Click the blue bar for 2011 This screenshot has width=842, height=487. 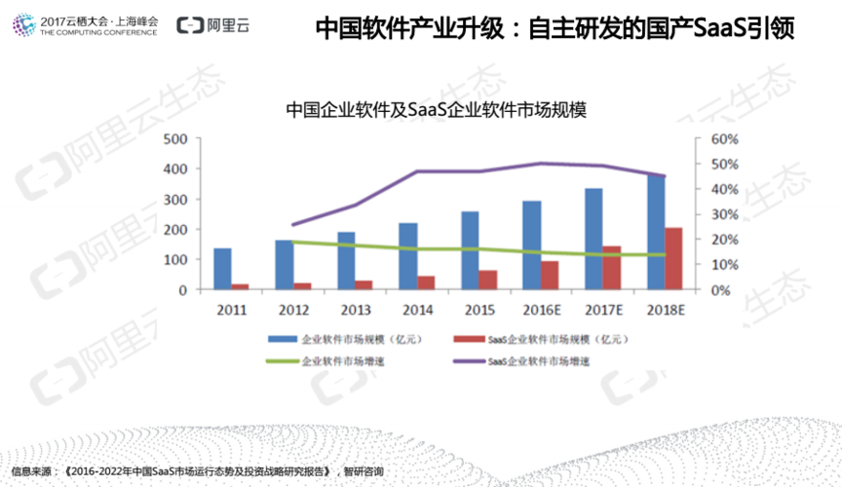pyautogui.click(x=222, y=269)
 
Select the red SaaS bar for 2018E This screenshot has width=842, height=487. pyautogui.click(x=673, y=258)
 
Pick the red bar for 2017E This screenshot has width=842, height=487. pyautogui.click(x=611, y=268)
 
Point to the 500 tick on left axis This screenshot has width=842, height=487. pyautogui.click(x=175, y=139)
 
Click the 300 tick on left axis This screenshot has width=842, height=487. pyautogui.click(x=175, y=200)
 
